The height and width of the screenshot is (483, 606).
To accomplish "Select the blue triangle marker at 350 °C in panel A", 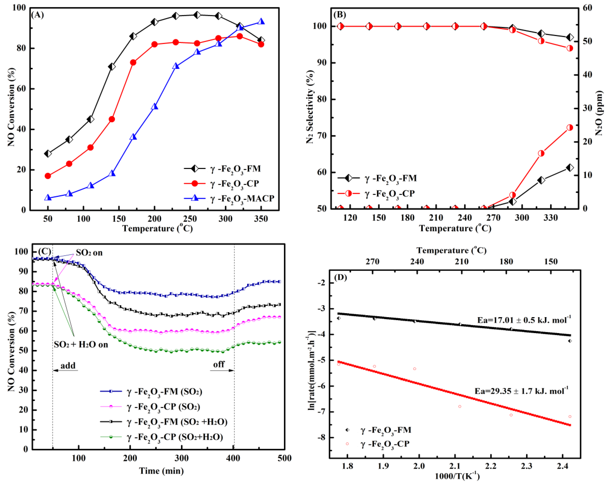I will click(x=261, y=22).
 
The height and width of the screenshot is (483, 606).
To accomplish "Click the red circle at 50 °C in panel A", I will click(x=48, y=176).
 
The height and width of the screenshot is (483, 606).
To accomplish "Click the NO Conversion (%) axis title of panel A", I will click(x=11, y=107).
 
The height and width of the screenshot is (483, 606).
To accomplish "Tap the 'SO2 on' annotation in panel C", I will click(x=89, y=253).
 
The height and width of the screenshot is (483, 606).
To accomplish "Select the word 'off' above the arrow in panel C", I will click(x=219, y=365).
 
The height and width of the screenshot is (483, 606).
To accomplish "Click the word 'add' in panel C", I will click(x=68, y=366).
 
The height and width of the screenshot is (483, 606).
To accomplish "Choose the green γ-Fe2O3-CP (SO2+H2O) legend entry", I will click(x=174, y=437).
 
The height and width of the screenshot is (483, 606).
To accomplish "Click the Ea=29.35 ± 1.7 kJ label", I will click(x=521, y=391).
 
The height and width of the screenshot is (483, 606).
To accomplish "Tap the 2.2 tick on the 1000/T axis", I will click(x=491, y=466).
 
